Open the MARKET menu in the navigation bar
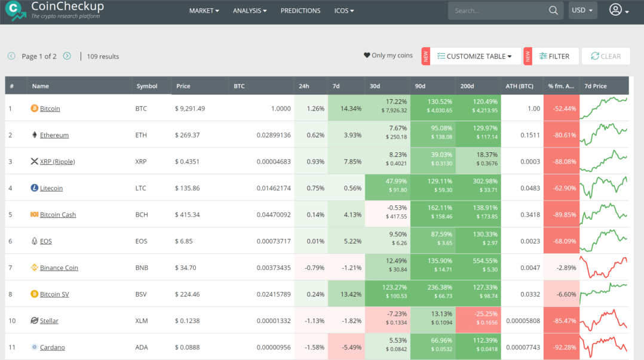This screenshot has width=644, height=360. (x=204, y=11)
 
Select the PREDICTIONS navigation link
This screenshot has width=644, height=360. (x=300, y=11)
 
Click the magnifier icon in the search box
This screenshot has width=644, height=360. (x=554, y=10)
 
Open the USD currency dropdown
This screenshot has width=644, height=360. (x=582, y=10)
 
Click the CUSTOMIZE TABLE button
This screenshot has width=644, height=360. (x=475, y=56)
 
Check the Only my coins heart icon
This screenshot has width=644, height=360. (x=367, y=56)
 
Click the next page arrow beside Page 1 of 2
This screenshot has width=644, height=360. (x=67, y=56)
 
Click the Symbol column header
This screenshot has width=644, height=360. (x=147, y=86)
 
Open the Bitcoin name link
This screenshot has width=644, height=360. (x=50, y=109)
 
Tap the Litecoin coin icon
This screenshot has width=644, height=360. (x=34, y=188)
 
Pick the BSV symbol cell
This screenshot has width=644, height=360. (x=142, y=294)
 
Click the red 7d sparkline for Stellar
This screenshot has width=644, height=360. (x=604, y=321)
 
